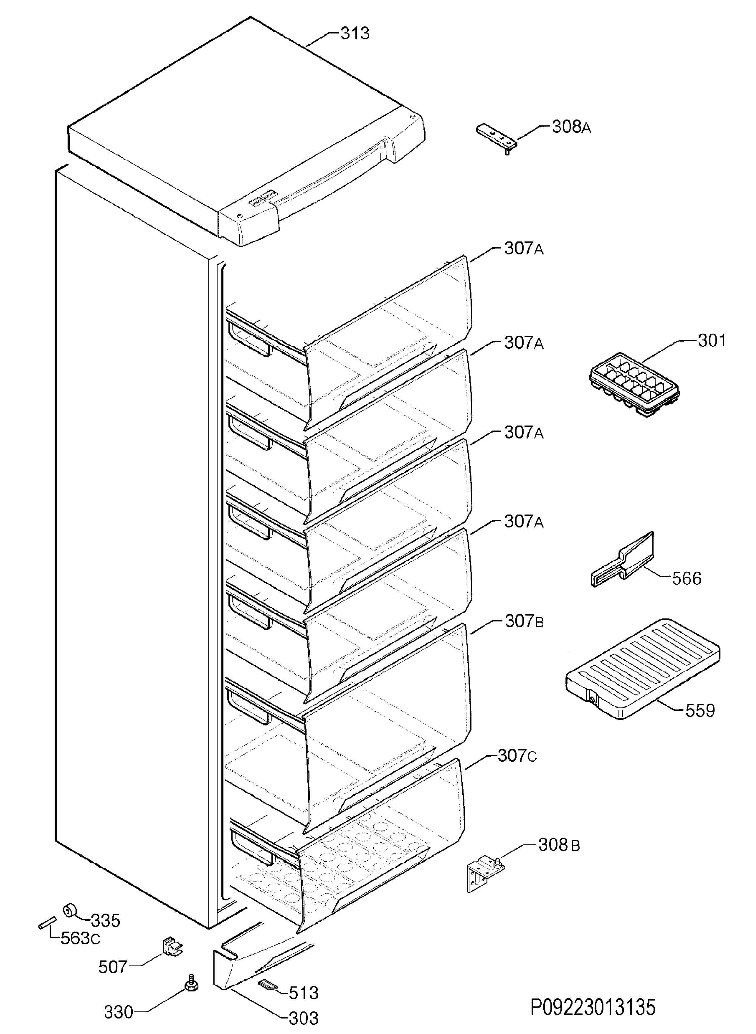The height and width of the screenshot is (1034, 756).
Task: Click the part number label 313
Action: pos(355,33)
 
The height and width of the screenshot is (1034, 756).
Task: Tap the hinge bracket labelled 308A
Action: pos(498,138)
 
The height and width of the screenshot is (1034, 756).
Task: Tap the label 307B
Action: pos(524,621)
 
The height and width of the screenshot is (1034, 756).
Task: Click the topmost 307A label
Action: pos(524,249)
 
